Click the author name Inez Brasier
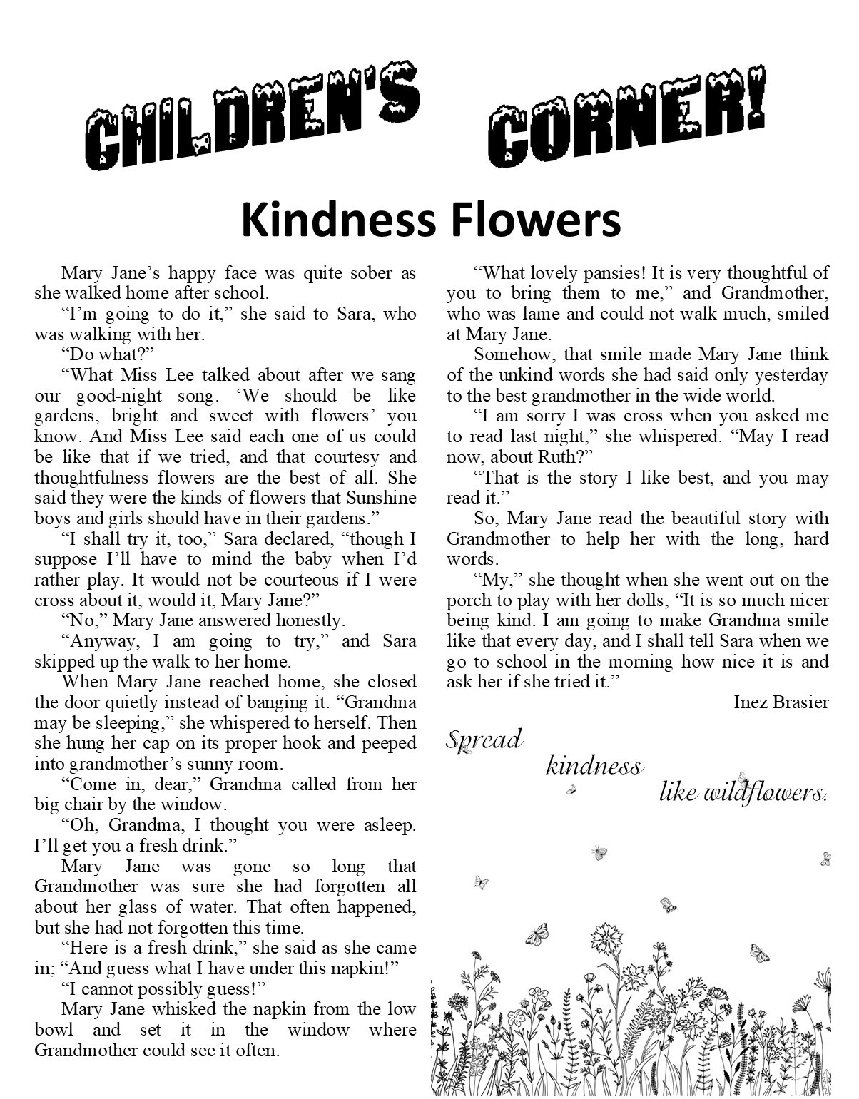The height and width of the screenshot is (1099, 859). pos(781,702)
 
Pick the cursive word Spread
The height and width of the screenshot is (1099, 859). pos(485,740)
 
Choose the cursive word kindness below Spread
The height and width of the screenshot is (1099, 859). pos(594,767)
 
